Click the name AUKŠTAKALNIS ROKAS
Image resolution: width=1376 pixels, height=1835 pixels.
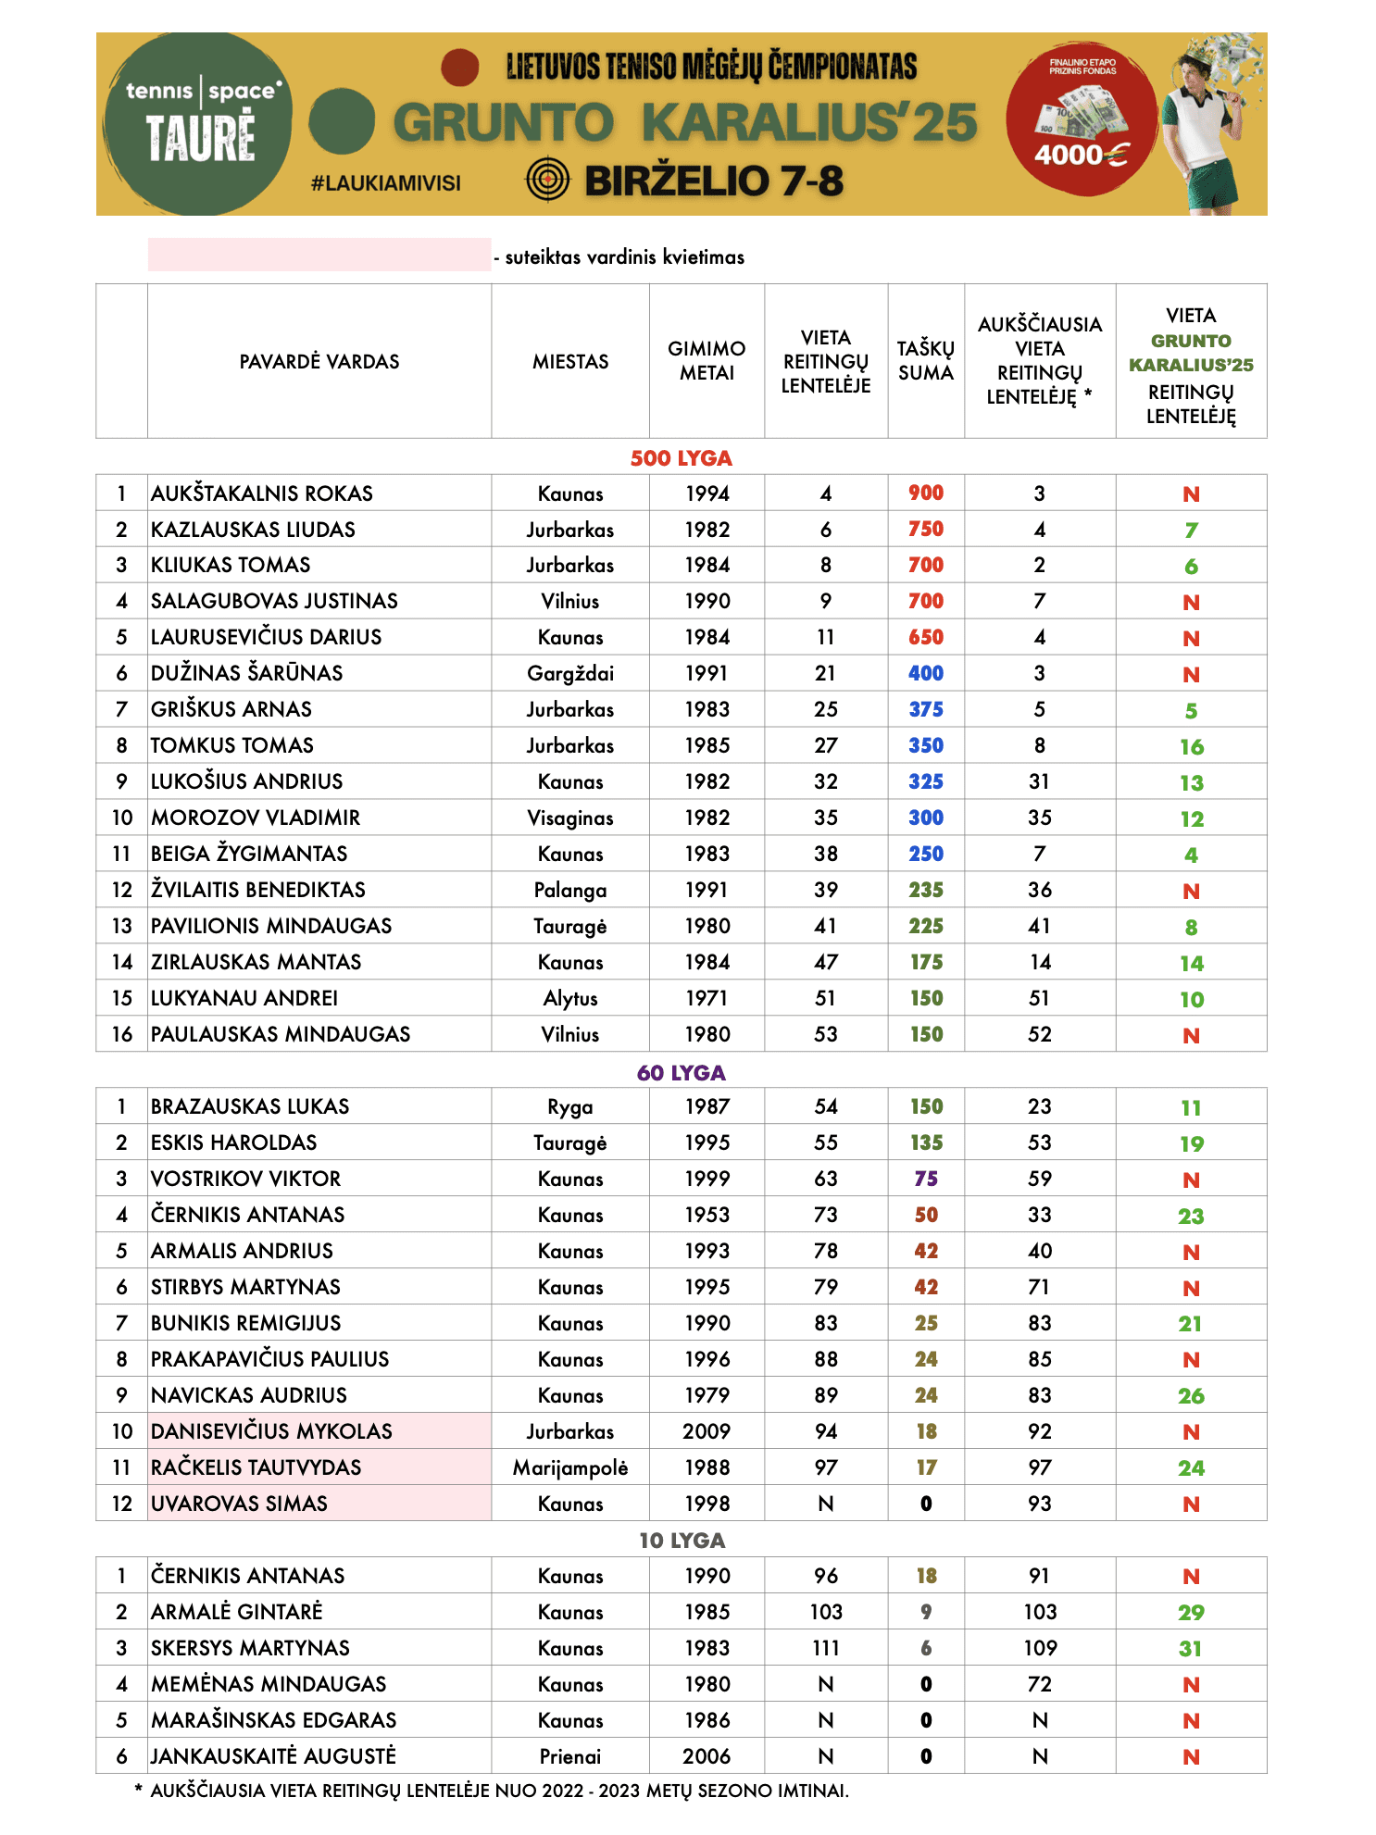(262, 493)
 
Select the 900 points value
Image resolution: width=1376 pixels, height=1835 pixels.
(926, 493)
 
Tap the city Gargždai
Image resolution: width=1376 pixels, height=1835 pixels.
(570, 674)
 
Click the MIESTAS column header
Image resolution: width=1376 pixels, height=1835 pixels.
(570, 362)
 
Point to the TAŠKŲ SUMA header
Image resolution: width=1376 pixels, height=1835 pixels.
(926, 361)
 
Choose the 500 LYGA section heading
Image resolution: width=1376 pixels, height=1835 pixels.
(682, 458)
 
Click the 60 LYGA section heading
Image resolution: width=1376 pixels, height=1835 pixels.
(682, 1073)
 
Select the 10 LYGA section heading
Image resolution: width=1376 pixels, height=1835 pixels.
(682, 1541)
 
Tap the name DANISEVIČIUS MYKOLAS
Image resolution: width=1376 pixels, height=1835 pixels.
(272, 1431)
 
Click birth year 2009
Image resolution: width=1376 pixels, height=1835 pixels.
(707, 1431)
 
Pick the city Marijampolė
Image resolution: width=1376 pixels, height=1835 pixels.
(570, 1467)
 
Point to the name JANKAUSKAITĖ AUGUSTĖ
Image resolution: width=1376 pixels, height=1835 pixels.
(274, 1756)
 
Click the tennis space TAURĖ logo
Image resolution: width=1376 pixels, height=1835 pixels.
(199, 124)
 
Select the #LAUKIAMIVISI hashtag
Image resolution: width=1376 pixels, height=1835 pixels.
(386, 183)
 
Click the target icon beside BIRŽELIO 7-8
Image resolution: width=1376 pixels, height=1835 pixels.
(548, 179)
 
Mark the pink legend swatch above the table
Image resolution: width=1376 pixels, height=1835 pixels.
(319, 255)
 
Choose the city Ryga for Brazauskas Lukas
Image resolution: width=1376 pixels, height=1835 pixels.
(570, 1107)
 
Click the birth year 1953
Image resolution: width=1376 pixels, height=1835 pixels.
(707, 1215)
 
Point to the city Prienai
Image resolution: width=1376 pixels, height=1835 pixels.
(570, 1756)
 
